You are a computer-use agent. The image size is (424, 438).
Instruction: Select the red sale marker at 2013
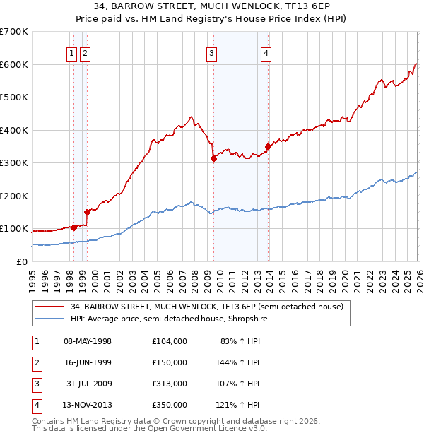(268, 147)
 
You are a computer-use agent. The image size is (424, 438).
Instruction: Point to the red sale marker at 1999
(87, 211)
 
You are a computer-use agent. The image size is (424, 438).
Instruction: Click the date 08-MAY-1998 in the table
(88, 341)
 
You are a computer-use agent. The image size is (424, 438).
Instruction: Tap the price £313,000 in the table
(169, 384)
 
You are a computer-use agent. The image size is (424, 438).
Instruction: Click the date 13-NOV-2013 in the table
(88, 405)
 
